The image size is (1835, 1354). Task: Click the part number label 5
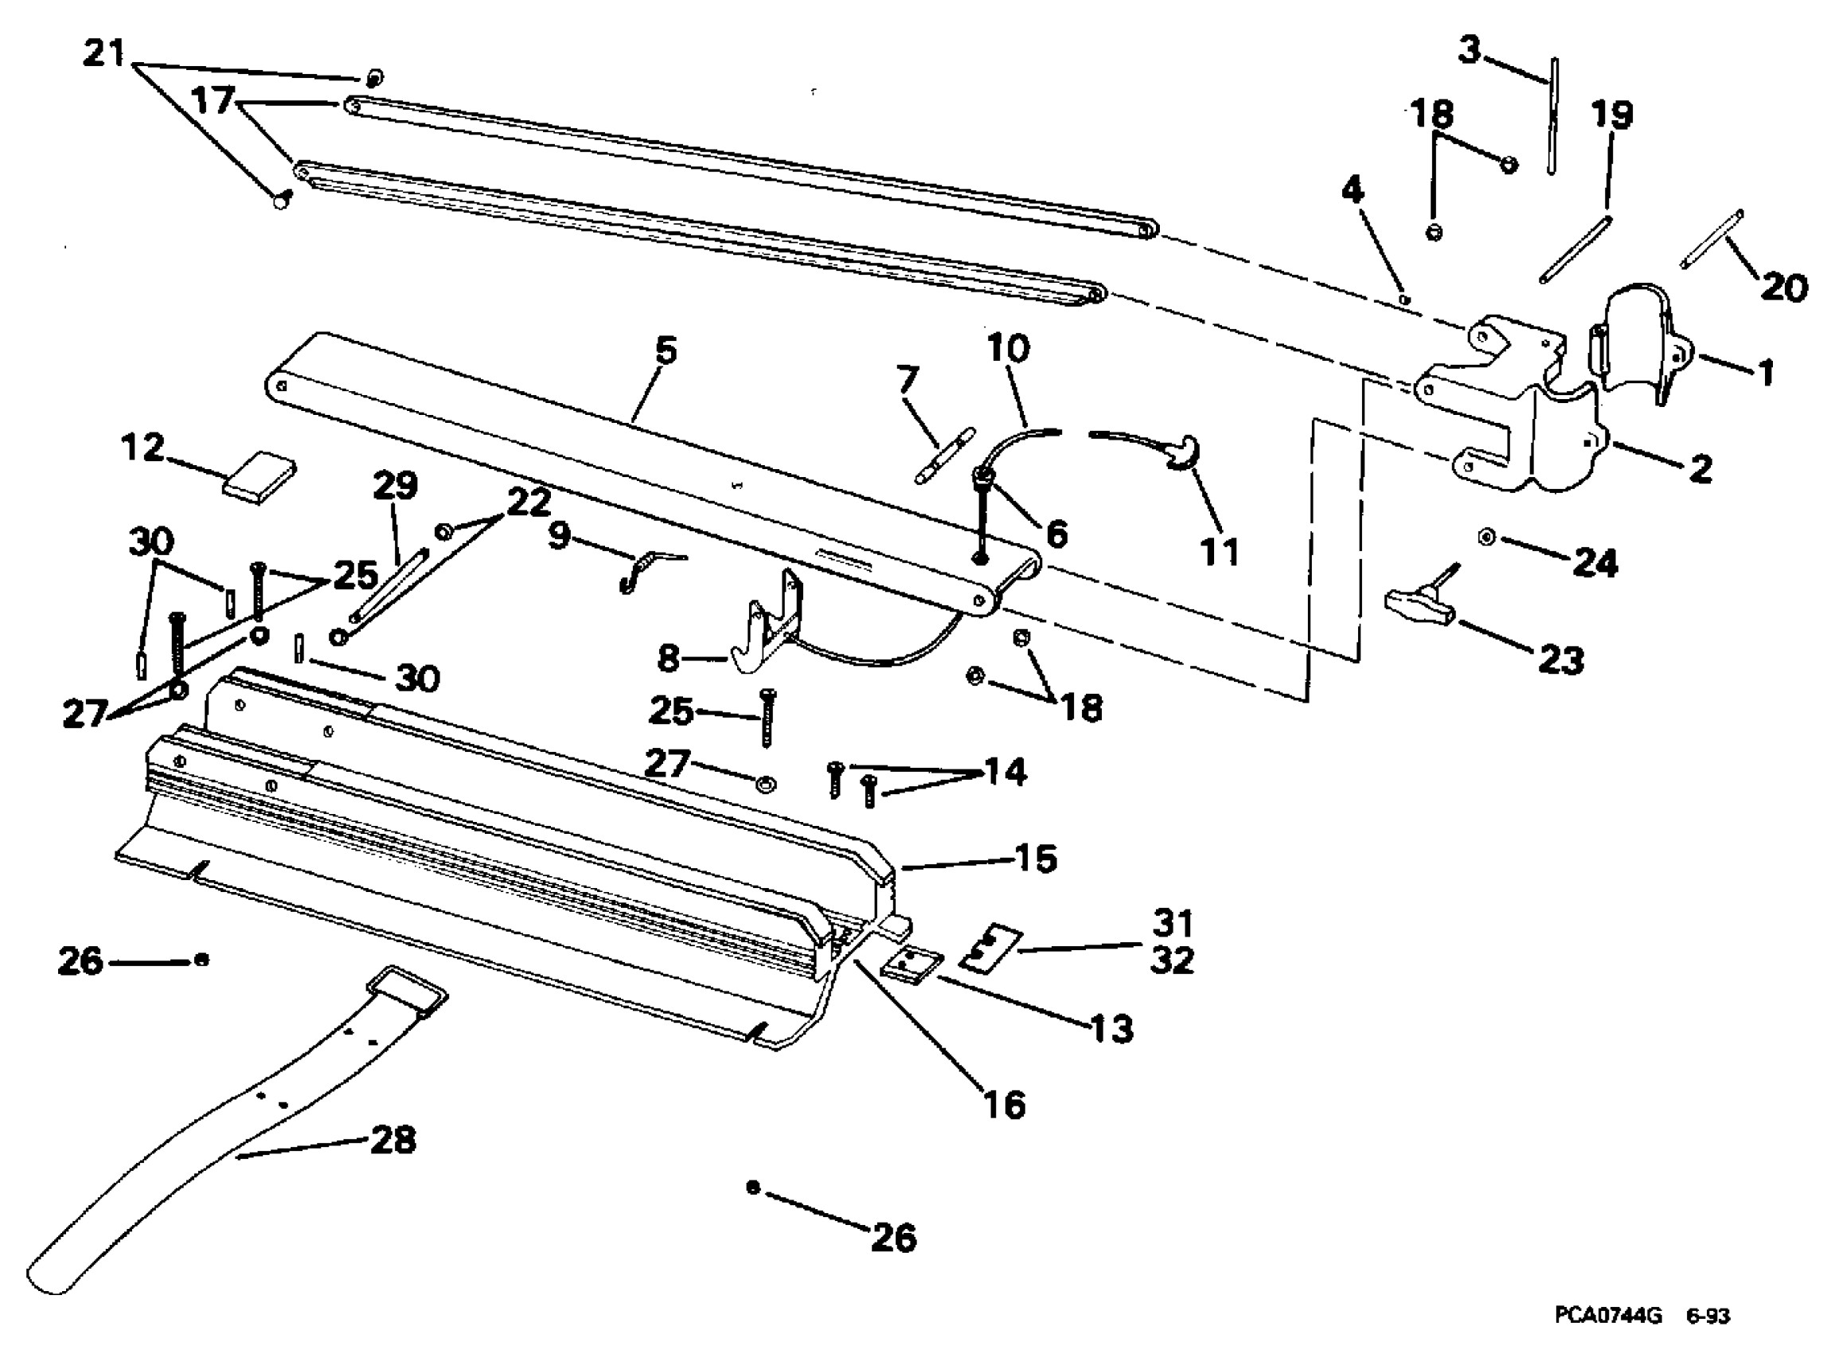coord(666,351)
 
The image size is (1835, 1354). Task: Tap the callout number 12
coord(143,448)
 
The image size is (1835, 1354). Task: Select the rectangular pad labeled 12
coord(259,475)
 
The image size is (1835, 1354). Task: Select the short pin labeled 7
coord(943,456)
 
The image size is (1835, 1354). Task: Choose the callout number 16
coord(1004,1105)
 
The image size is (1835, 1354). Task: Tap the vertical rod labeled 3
coord(1552,115)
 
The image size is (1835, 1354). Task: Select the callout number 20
coord(1782,288)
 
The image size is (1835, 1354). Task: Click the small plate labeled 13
coord(911,965)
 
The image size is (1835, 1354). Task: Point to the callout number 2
coord(1700,470)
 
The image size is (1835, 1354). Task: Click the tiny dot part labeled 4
coord(1404,300)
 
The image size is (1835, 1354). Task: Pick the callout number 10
coord(1008,349)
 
